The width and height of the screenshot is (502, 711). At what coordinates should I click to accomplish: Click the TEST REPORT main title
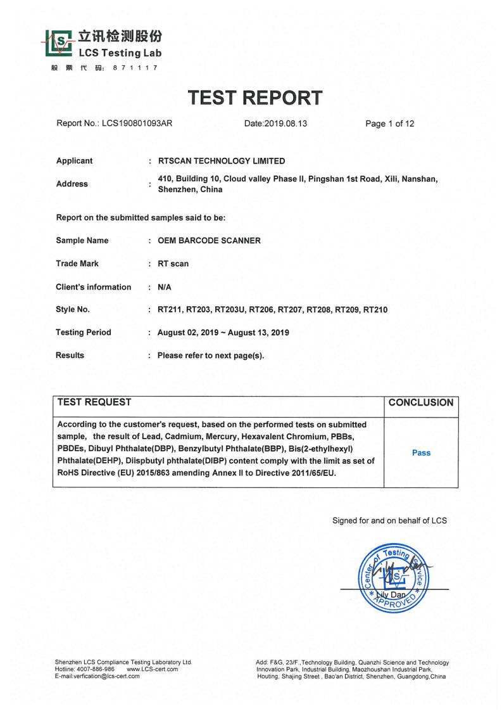(x=254, y=98)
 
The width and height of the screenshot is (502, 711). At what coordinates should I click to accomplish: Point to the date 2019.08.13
(x=288, y=124)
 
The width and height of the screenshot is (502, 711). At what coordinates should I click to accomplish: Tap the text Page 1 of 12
(x=390, y=124)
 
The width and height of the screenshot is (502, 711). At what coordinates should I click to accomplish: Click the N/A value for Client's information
(x=165, y=287)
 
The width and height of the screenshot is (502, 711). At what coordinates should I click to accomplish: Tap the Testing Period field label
(x=84, y=332)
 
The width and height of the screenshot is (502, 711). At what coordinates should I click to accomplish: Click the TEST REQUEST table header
(x=94, y=402)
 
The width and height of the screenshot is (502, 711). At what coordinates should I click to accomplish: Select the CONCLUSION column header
(x=421, y=402)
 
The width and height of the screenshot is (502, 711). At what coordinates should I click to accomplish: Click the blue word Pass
(x=421, y=452)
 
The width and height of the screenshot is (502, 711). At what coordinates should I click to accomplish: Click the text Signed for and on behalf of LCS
(x=389, y=521)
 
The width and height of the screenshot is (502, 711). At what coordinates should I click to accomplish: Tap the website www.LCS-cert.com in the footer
(x=153, y=669)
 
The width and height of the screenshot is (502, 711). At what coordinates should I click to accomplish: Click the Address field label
(x=72, y=184)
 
